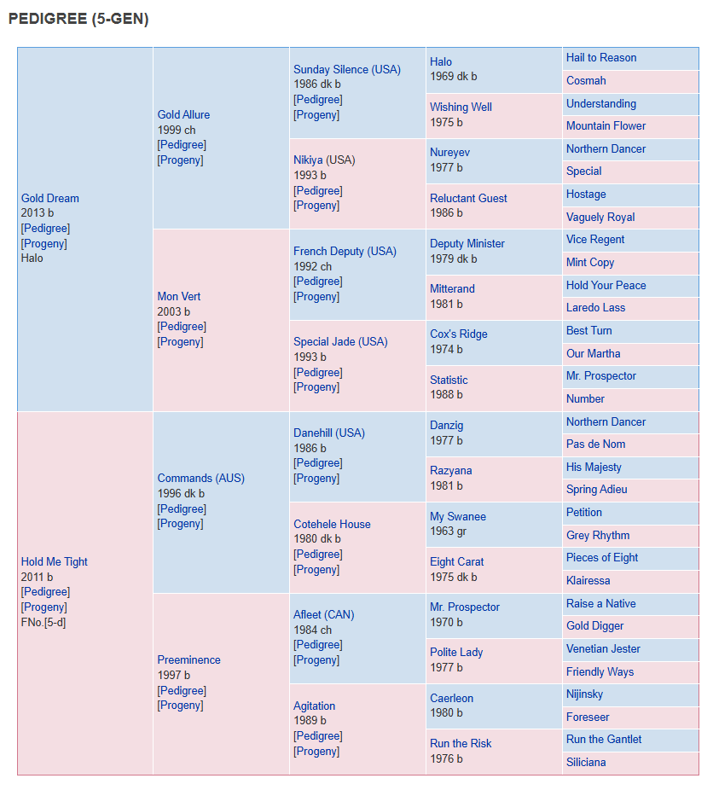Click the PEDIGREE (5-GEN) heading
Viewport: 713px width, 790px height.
(78, 19)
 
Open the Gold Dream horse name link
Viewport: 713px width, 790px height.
(49, 198)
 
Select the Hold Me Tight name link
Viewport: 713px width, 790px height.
(54, 561)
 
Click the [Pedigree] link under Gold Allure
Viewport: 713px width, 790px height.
(182, 144)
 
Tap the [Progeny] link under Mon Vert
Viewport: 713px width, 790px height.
(180, 341)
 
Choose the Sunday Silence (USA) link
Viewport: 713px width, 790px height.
(347, 69)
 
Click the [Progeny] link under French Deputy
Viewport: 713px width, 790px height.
(316, 296)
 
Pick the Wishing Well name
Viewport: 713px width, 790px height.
(461, 107)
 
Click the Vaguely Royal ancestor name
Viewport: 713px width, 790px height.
(600, 218)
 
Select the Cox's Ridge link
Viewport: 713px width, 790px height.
(458, 334)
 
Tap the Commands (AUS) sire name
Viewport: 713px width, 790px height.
(201, 478)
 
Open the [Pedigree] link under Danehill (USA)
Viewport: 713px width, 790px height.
(318, 463)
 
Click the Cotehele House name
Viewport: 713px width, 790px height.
(332, 524)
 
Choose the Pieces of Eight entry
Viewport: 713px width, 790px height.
(602, 558)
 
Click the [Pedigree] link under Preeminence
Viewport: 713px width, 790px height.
(182, 690)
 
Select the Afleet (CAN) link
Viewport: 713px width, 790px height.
(324, 614)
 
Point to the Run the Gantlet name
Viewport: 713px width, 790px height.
(604, 739)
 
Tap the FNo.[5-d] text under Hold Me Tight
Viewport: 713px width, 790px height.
(43, 622)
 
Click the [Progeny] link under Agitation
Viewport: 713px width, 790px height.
(316, 752)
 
